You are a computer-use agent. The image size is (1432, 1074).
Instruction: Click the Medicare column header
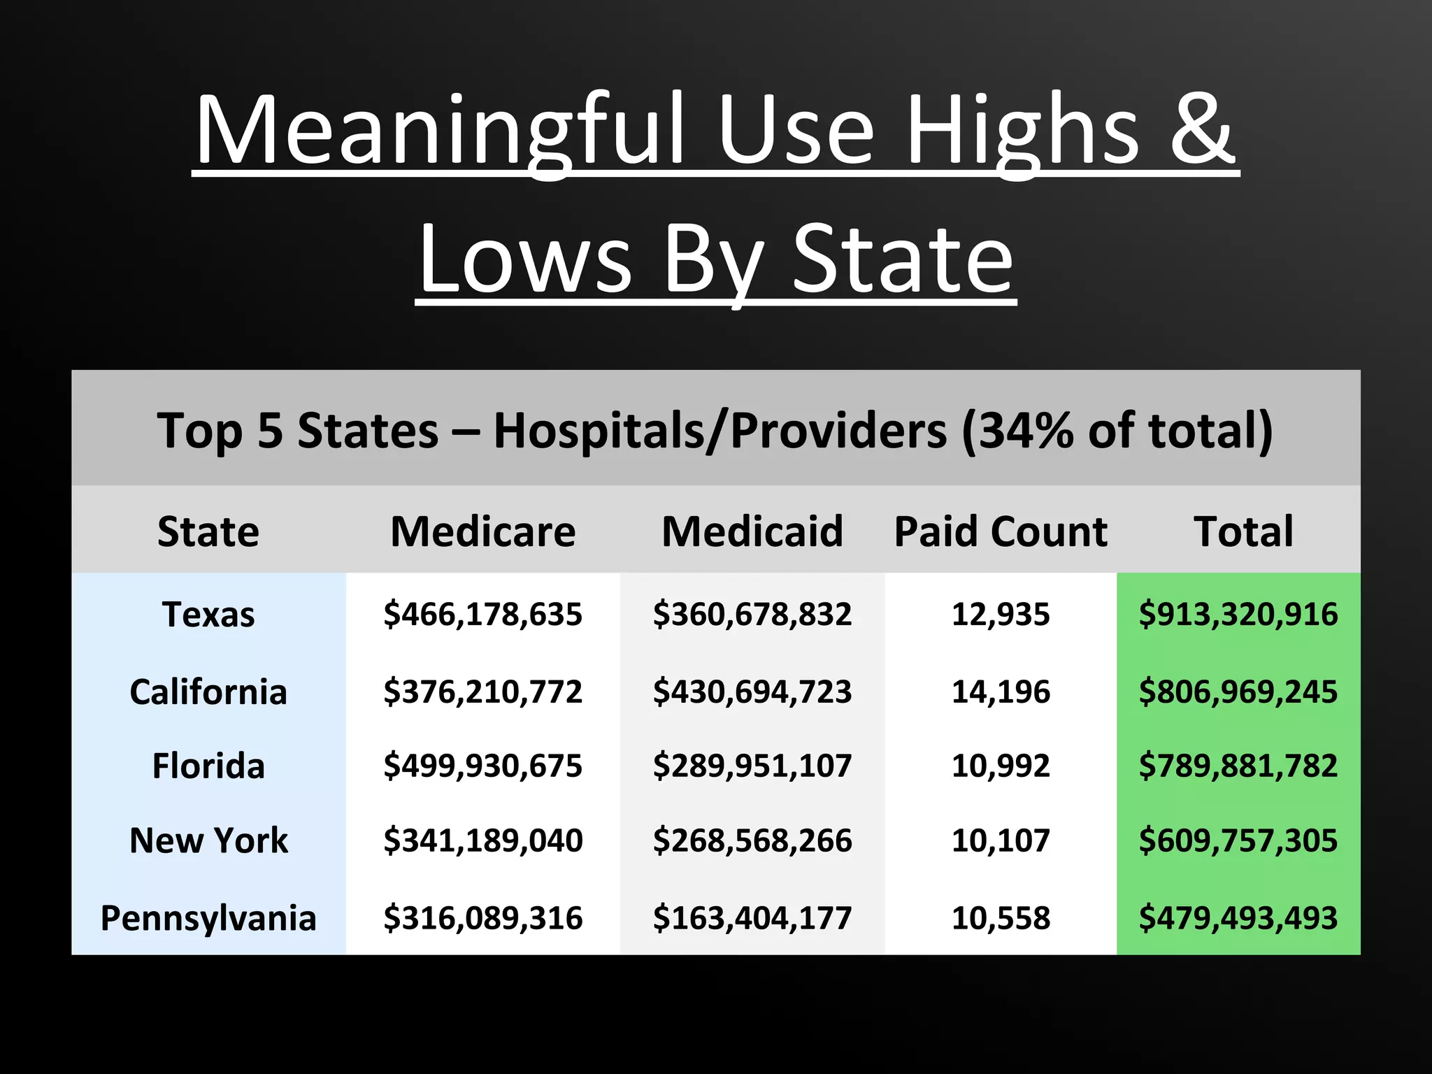(x=482, y=531)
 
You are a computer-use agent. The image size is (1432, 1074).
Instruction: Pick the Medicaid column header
(x=752, y=531)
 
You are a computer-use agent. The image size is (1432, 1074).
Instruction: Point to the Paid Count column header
(x=1001, y=531)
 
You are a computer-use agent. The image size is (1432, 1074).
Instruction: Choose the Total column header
(x=1243, y=531)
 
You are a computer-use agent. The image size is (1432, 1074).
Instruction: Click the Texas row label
(x=208, y=615)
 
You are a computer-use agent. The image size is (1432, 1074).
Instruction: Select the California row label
(x=208, y=692)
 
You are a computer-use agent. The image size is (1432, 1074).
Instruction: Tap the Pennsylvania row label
(x=208, y=918)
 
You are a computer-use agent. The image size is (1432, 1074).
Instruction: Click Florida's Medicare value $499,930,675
(x=482, y=766)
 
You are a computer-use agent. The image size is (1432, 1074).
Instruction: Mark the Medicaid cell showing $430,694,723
(x=752, y=692)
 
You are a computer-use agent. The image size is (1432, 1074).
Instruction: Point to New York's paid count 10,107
(x=1001, y=840)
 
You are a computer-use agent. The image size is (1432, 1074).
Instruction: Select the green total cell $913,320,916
(x=1238, y=614)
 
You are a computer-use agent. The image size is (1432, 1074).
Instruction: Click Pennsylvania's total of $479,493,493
(x=1238, y=917)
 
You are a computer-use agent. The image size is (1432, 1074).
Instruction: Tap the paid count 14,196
(x=1001, y=692)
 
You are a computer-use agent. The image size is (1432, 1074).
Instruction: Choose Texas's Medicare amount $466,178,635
(x=482, y=614)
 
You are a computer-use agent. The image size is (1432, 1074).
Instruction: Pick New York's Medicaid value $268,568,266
(x=752, y=840)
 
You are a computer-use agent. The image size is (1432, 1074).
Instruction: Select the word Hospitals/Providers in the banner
(x=720, y=430)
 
